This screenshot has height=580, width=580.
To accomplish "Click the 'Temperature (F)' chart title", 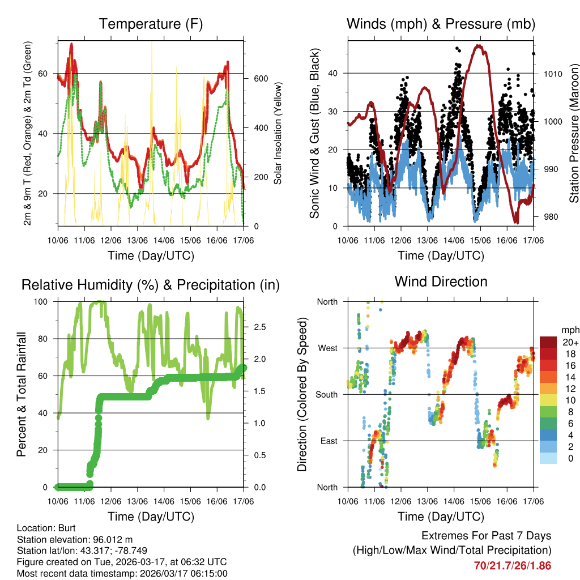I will tap(151, 24).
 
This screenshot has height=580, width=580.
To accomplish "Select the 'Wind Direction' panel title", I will tap(441, 282).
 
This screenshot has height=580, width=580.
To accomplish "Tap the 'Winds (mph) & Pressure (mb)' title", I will tap(441, 24).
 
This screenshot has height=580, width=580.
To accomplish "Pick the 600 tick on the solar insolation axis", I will tap(259, 78).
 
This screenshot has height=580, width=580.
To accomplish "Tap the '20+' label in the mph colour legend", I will tap(571, 342).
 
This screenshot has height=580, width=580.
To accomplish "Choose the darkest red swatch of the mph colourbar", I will tap(548, 342).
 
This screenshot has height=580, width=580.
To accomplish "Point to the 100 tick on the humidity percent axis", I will tap(45, 301).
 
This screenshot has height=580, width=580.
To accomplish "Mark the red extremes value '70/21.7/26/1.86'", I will tap(513, 565).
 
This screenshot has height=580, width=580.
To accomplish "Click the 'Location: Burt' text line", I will tap(42, 528).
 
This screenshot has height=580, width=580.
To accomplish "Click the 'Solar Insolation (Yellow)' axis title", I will tap(278, 133).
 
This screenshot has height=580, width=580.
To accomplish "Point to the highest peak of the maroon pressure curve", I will tap(480, 45).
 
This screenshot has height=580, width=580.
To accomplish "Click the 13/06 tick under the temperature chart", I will tap(138, 241).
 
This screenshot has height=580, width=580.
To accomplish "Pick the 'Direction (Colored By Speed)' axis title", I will tap(302, 394).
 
